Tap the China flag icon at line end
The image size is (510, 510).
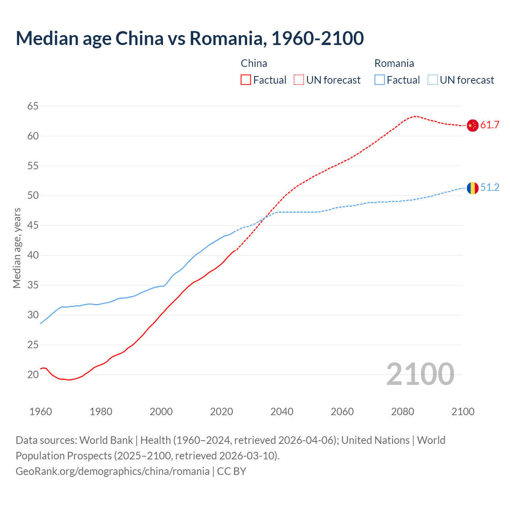pos(472,125)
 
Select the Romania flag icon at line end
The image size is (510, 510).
pos(472,188)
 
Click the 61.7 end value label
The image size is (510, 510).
pos(490,125)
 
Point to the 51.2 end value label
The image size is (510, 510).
pos(490,188)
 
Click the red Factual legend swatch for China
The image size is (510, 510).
pos(246,80)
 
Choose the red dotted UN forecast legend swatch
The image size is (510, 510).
pos(299,80)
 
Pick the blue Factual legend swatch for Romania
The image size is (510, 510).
pos(380,80)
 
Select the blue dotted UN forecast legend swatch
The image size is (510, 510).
pos(433,80)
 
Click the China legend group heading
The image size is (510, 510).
pos(254,63)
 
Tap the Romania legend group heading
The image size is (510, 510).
pos(394,63)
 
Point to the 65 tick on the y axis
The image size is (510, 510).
pos(33,106)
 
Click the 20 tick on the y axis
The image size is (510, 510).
pos(33,375)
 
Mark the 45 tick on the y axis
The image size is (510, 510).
pos(33,226)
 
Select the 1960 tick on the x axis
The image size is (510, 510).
pos(41,412)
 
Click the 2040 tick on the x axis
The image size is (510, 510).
pos(282,412)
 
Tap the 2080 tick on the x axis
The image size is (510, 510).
pos(402,412)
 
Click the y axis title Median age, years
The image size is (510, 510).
pos(17,247)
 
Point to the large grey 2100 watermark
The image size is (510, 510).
pos(420,374)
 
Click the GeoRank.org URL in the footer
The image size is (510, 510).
pos(112,471)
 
